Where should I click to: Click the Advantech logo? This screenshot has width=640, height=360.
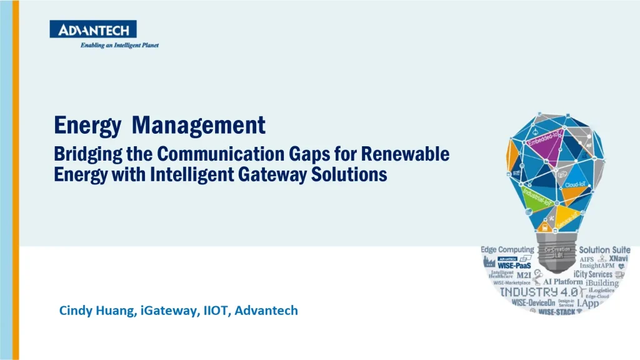(93, 29)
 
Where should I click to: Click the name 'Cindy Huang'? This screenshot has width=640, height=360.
(94, 310)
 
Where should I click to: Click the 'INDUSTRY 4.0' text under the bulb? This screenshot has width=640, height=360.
(532, 292)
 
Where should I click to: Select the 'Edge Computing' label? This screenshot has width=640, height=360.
(507, 250)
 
